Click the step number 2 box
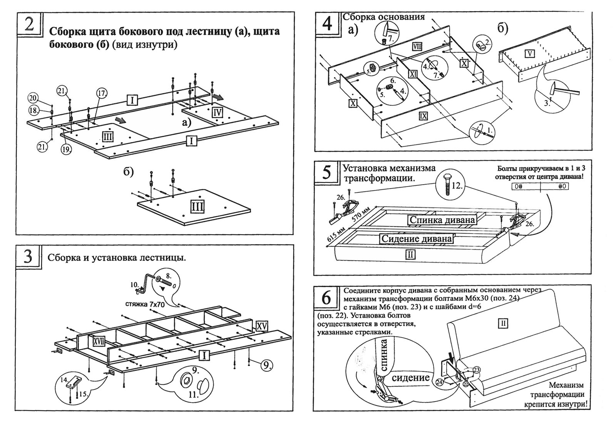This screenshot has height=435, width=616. click(29, 24)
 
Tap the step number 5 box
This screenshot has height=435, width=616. click(326, 172)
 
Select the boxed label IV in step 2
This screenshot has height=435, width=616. click(217, 112)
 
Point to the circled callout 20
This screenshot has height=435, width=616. click(32, 97)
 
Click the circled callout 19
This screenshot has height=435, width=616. click(66, 149)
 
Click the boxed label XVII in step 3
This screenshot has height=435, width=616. click(99, 340)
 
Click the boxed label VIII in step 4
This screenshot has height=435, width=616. click(417, 47)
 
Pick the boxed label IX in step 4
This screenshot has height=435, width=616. click(423, 115)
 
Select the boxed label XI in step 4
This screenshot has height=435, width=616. click(413, 74)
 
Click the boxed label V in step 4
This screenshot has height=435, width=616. click(530, 53)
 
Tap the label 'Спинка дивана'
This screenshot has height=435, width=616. click(442, 220)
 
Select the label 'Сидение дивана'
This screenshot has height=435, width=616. click(416, 238)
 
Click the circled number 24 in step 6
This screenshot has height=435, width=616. click(440, 382)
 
